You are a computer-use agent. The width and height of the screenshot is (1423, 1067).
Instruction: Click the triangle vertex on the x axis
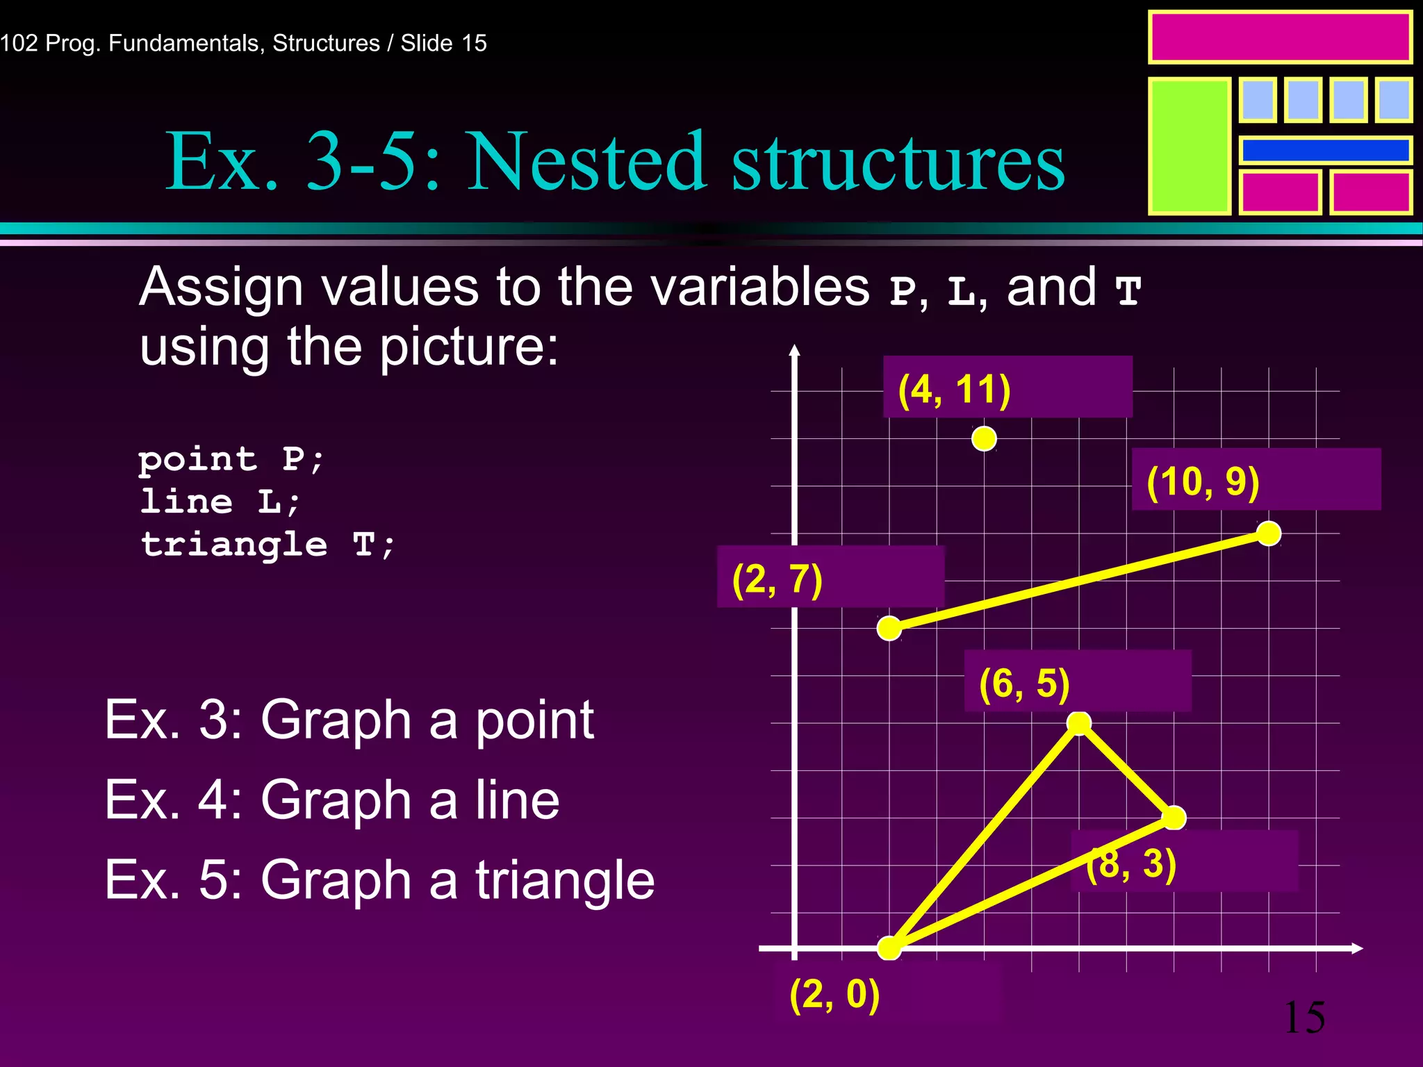[x=889, y=948]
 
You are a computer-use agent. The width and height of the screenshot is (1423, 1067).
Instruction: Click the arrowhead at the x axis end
[x=1358, y=948]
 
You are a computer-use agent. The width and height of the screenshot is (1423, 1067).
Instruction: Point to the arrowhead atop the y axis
[x=795, y=351]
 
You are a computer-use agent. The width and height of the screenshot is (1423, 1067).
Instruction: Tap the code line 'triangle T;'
[x=268, y=544]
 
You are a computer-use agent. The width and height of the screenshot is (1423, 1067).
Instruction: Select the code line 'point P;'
[x=231, y=459]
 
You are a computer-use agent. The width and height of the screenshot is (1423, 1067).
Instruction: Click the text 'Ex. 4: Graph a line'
[x=332, y=800]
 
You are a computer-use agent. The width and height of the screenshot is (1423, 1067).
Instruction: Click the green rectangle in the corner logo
[x=1189, y=146]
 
